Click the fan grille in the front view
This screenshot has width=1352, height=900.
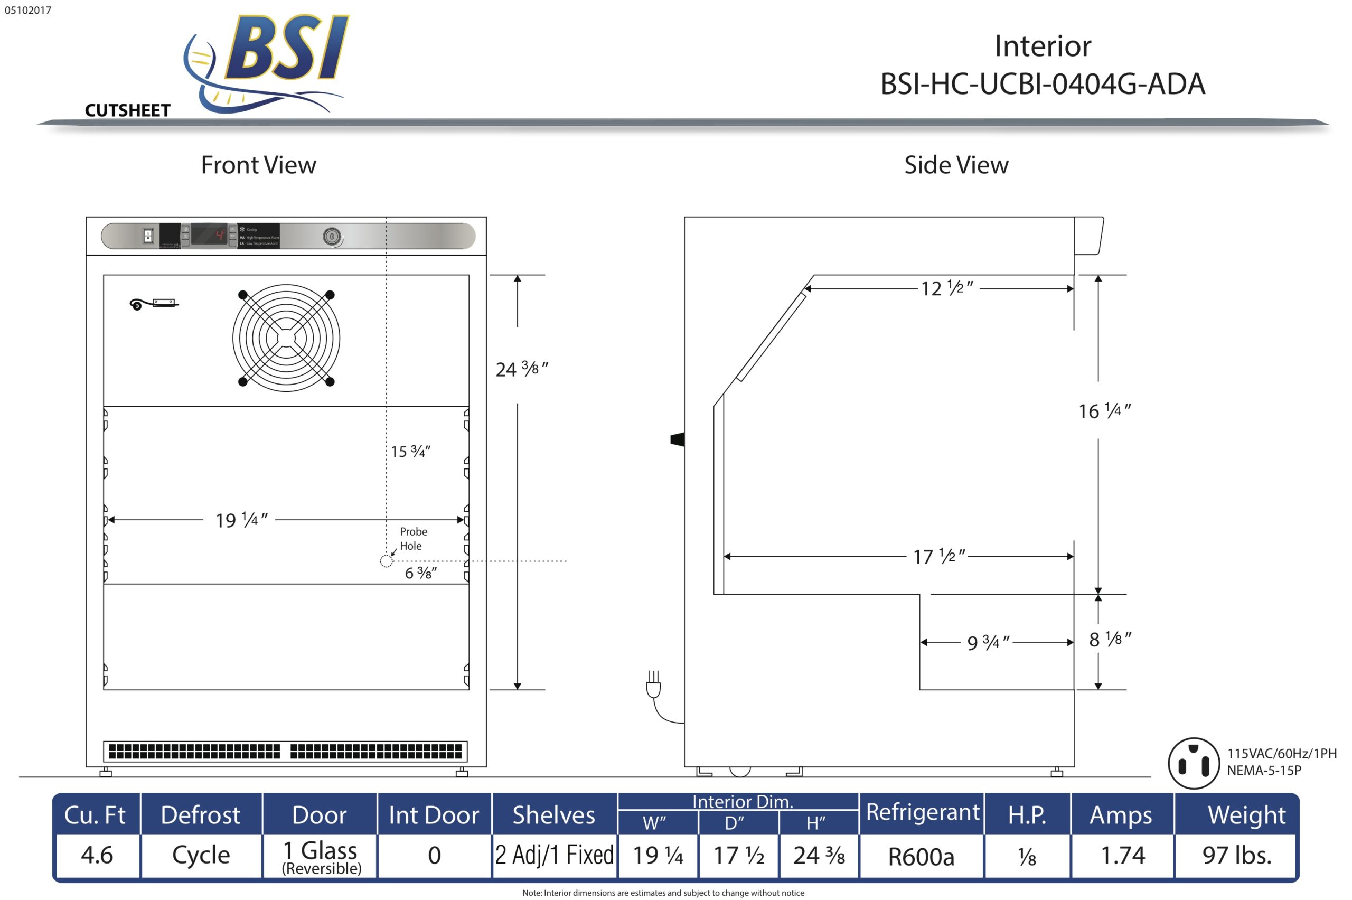[286, 338]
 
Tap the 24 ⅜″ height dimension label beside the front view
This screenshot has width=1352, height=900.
[521, 369]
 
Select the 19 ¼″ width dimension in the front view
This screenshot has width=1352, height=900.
[241, 520]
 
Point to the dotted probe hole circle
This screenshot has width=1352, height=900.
[386, 561]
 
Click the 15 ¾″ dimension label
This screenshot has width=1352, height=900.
[410, 452]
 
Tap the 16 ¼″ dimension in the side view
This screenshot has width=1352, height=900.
[1104, 411]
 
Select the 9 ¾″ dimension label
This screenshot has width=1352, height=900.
[988, 642]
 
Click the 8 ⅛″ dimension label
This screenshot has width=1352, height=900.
[1109, 640]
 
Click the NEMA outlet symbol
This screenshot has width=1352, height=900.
[1193, 763]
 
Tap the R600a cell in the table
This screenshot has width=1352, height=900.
[921, 856]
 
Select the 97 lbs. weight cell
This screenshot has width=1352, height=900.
[1237, 855]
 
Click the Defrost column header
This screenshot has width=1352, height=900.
[200, 815]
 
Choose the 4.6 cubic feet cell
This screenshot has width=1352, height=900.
[97, 855]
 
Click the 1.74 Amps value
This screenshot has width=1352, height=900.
[1122, 855]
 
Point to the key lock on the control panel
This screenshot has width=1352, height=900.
[332, 236]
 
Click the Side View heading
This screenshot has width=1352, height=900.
[956, 165]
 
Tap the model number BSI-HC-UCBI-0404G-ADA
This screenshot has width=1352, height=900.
[1042, 84]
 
